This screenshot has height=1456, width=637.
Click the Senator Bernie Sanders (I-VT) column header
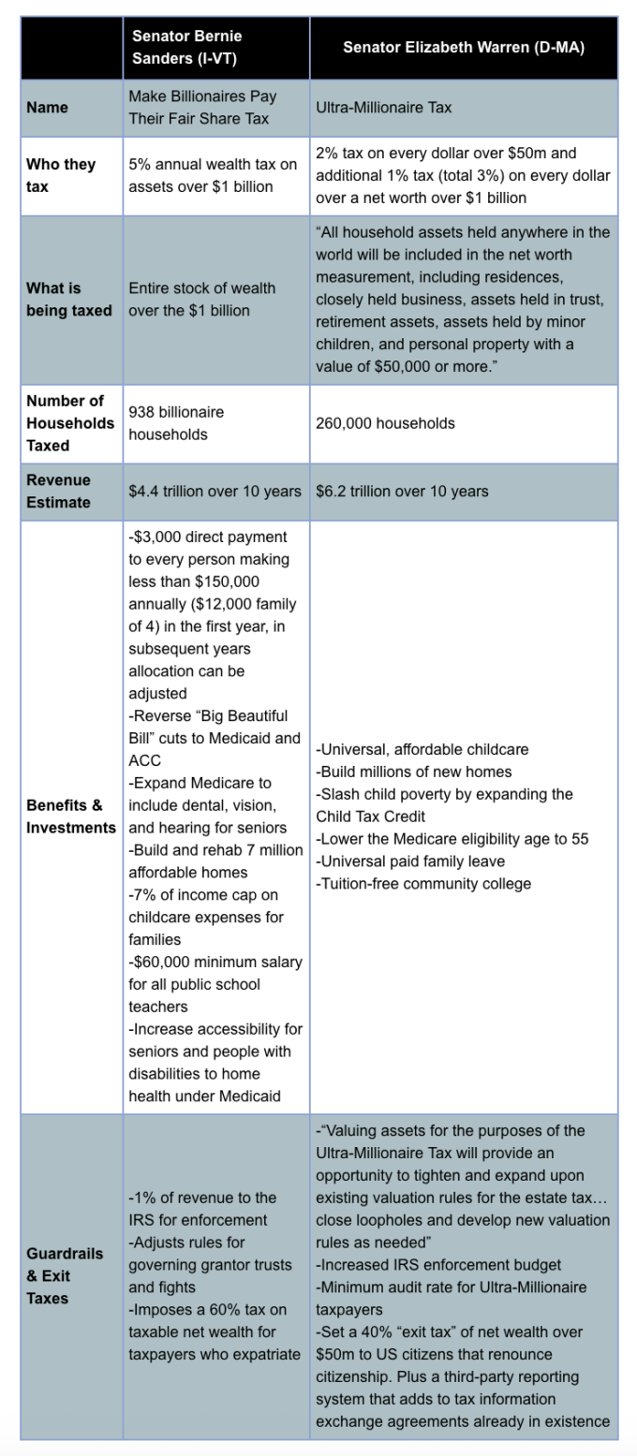pos(186,47)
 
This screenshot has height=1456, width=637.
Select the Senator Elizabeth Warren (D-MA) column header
pos(463,48)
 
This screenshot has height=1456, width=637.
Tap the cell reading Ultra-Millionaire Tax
pos(384,108)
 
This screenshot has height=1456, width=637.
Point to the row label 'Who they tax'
pos(61,175)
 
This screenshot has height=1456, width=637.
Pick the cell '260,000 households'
pos(385,423)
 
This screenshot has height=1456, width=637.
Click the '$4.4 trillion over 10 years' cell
pos(215,492)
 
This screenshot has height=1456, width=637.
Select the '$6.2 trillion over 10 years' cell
pos(402,492)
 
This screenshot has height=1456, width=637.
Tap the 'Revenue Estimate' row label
pos(59,492)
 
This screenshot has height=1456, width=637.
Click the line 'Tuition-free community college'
pos(423,884)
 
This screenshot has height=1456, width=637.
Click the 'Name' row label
pos(46,108)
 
